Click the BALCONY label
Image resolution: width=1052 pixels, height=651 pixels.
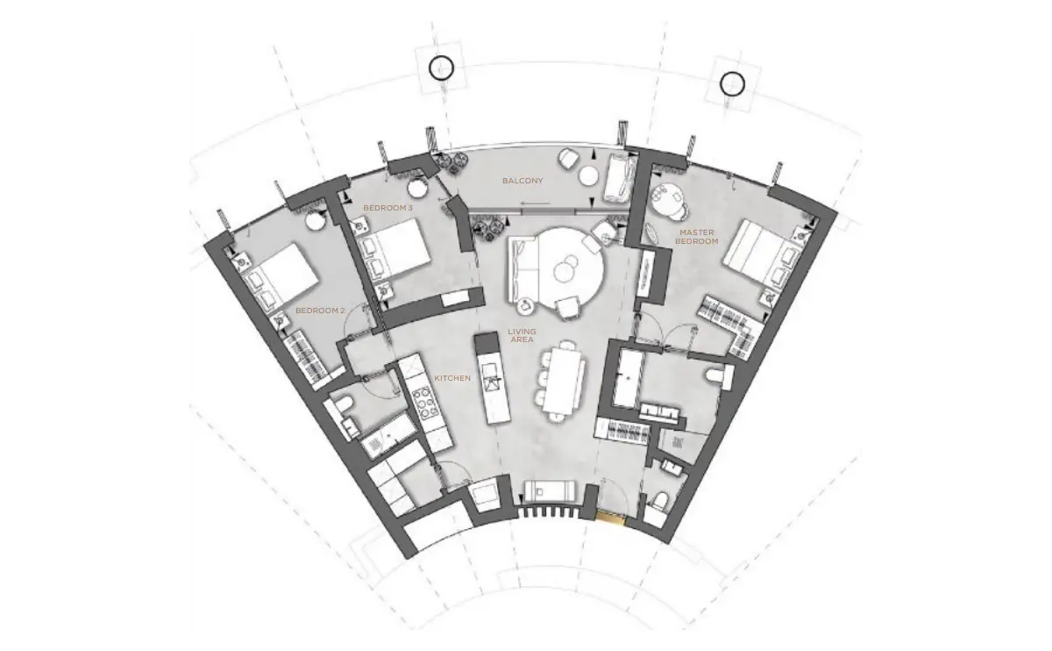[522, 181]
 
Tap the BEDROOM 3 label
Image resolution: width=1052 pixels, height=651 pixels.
[387, 208]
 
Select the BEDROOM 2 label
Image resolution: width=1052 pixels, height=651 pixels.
[320, 311]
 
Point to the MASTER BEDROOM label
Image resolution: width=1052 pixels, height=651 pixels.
[696, 237]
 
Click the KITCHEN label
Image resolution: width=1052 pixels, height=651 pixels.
[452, 378]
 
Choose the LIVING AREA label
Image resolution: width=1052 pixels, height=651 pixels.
[522, 336]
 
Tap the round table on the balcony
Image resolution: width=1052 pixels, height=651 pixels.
[588, 176]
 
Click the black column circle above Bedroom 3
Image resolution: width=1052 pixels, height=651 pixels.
[442, 68]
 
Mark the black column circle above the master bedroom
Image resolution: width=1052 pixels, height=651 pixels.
[732, 84]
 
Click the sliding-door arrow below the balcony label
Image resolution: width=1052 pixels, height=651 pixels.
[535, 204]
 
